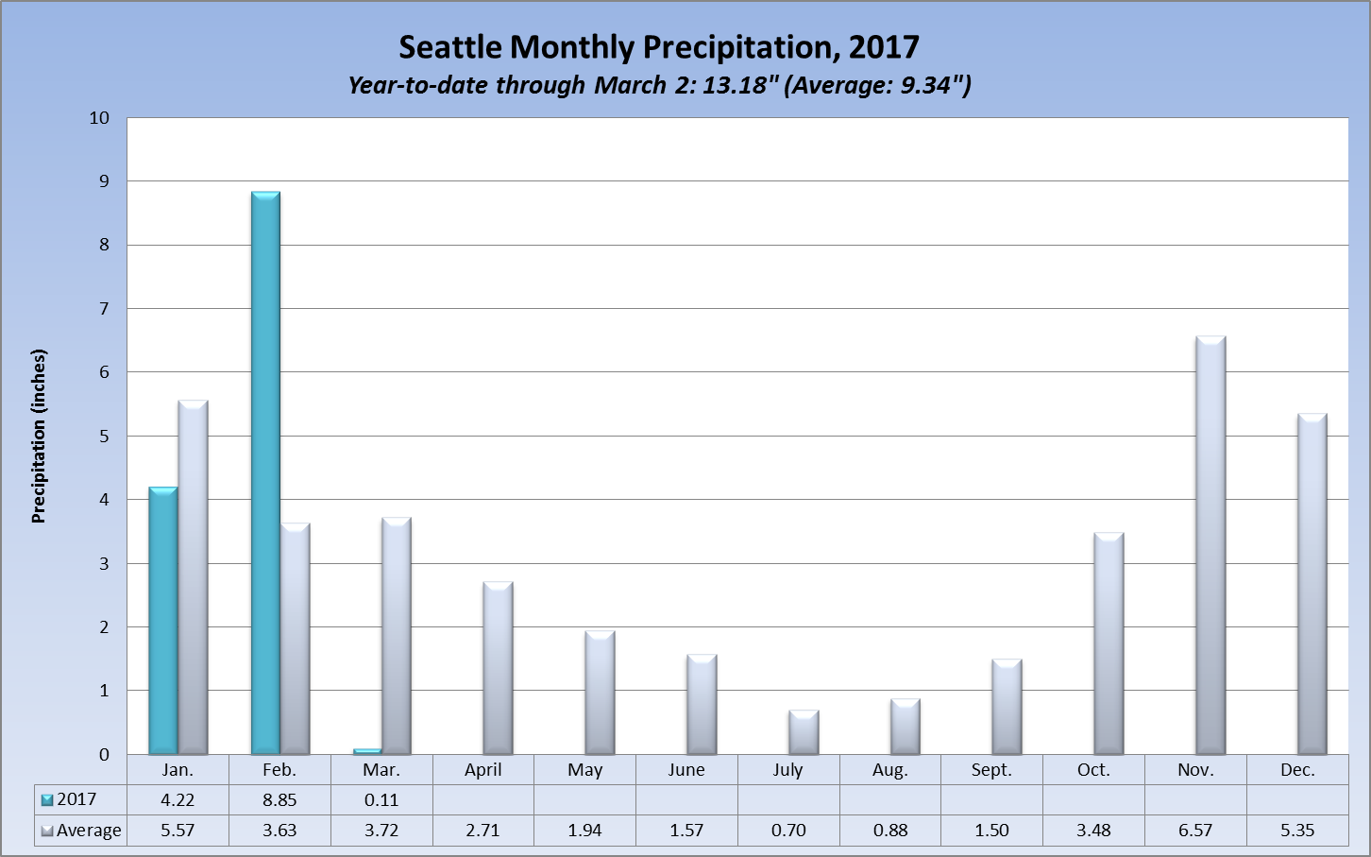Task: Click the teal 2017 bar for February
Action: (265, 472)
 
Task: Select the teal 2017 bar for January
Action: (163, 621)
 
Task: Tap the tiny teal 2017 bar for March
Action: (367, 751)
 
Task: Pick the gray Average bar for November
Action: (1210, 545)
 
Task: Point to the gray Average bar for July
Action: (804, 732)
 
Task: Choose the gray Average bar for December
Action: (1312, 584)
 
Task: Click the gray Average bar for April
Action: (498, 668)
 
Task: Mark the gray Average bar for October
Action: (1109, 643)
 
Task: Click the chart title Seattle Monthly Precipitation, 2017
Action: (658, 47)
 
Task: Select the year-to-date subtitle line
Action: (658, 85)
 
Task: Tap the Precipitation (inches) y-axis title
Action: (39, 436)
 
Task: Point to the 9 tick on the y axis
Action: (104, 180)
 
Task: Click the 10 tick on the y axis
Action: (99, 118)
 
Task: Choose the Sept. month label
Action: (991, 770)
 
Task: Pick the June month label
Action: (686, 770)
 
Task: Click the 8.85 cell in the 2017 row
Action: (279, 800)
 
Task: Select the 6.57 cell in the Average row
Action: (1195, 831)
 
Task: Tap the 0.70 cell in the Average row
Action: (788, 831)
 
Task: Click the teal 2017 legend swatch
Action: (47, 800)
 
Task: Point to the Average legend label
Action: (89, 831)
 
